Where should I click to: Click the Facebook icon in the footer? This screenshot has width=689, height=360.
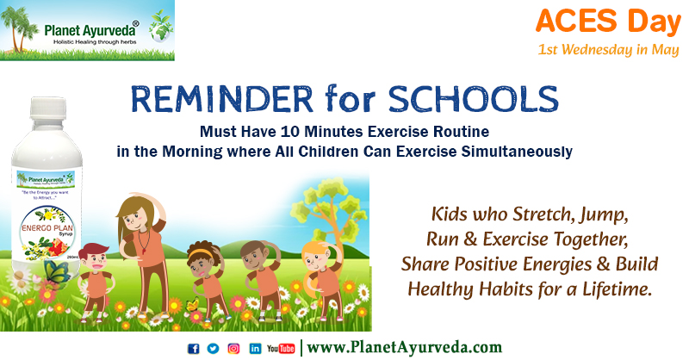[x=193, y=348]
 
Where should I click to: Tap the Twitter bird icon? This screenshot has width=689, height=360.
[x=213, y=348]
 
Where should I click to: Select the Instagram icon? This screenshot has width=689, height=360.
[x=233, y=348]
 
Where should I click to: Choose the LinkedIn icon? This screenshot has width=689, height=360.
[x=255, y=348]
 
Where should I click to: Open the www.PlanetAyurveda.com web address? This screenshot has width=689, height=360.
[x=404, y=348]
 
